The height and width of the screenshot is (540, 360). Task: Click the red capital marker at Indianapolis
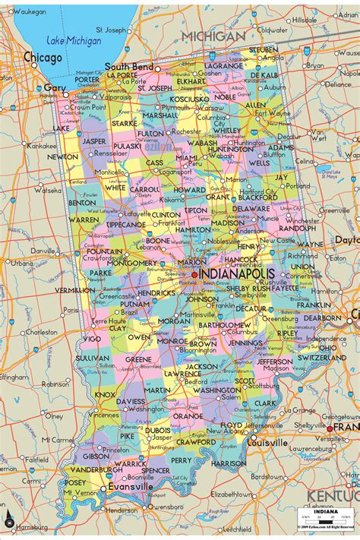pyautogui.click(x=194, y=274)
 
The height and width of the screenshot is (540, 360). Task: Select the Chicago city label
pyautogui.click(x=43, y=57)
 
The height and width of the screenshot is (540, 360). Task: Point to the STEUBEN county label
pyautogui.click(x=263, y=49)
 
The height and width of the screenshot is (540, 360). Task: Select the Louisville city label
pyautogui.click(x=267, y=442)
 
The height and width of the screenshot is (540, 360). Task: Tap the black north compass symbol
pyautogui.click(x=8, y=522)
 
